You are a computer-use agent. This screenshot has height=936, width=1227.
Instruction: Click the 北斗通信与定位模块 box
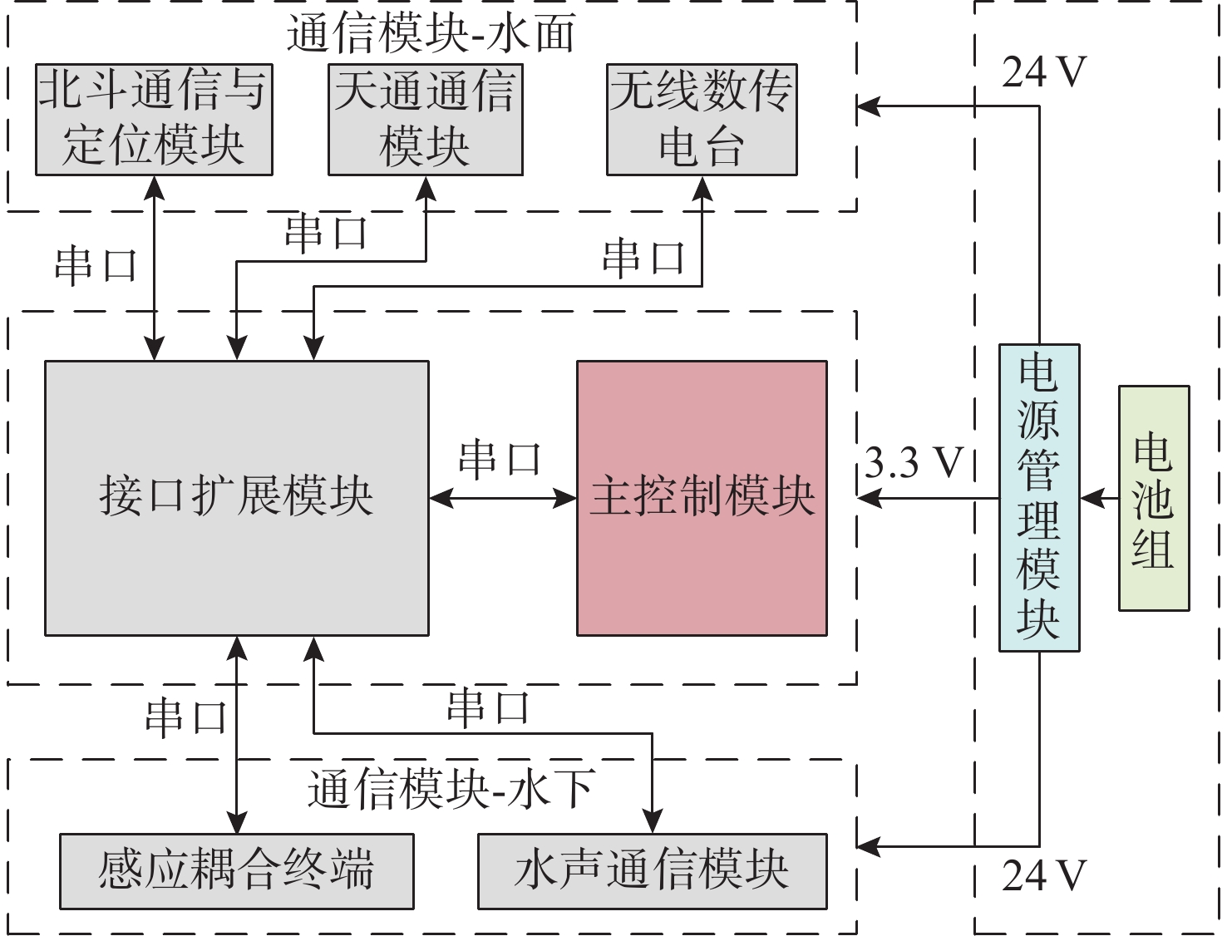(x=154, y=120)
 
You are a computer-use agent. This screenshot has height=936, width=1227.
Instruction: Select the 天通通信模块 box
(x=425, y=120)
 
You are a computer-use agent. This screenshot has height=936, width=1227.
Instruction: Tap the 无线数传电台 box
(x=702, y=120)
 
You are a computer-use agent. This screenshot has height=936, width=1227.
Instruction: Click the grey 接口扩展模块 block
(x=236, y=497)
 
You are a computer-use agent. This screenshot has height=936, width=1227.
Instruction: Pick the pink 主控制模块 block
(x=702, y=497)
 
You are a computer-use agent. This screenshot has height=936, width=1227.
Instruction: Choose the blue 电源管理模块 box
(x=1039, y=497)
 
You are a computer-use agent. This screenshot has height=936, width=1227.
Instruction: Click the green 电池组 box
(x=1154, y=497)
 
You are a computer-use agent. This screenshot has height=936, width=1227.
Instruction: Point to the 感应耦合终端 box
(x=236, y=870)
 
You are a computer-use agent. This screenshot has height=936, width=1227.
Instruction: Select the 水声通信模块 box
(x=652, y=870)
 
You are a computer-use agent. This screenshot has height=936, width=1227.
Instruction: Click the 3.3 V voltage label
(x=913, y=462)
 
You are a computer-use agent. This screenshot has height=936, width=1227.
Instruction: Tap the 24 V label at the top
(x=1044, y=73)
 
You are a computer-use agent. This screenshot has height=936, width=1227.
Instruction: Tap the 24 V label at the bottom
(x=1044, y=876)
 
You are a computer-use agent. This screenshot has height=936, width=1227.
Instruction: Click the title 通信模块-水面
(x=431, y=35)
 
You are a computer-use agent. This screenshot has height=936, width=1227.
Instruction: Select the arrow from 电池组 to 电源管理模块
(x=1099, y=499)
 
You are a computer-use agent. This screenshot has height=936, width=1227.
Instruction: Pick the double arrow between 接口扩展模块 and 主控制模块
(x=503, y=499)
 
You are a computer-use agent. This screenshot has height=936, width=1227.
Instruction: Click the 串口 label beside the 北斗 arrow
(x=96, y=266)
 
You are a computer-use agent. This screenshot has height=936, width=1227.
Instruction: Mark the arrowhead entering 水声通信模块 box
(x=653, y=822)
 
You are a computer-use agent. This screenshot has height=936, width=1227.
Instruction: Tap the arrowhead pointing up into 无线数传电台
(x=702, y=189)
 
